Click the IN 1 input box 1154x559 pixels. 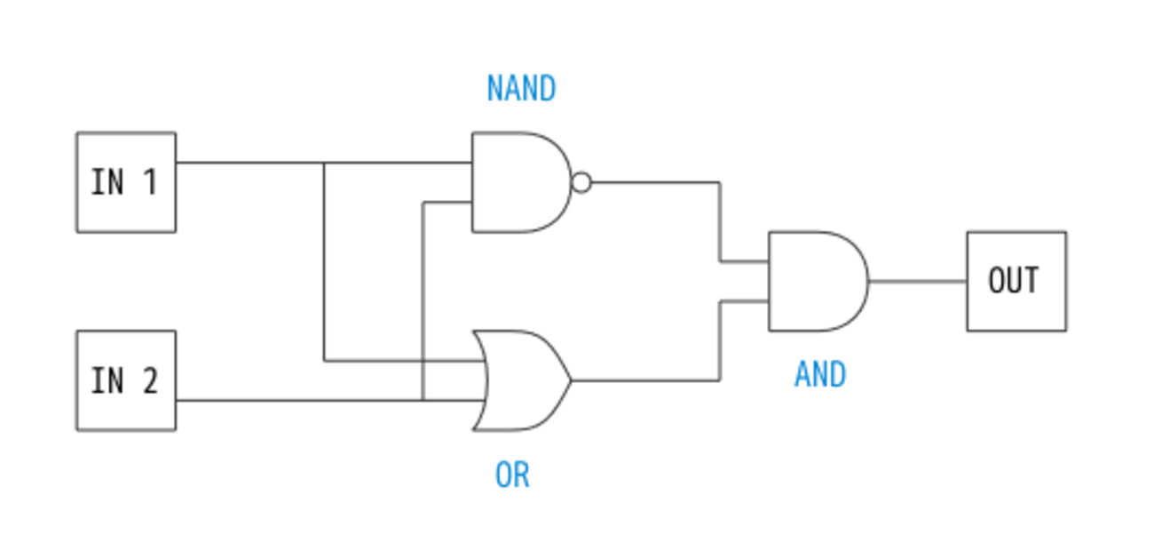(x=126, y=182)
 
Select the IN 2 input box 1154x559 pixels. (x=126, y=380)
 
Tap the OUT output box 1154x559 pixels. (x=1016, y=281)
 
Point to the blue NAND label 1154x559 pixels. (x=521, y=89)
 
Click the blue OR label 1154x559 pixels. (x=512, y=475)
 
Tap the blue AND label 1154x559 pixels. (x=819, y=375)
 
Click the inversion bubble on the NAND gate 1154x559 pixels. (x=581, y=182)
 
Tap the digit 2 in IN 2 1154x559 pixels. (x=148, y=380)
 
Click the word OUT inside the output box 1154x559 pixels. (x=1013, y=281)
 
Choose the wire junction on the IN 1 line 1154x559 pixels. (x=324, y=163)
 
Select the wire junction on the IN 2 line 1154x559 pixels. (x=423, y=400)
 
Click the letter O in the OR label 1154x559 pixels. (x=502, y=475)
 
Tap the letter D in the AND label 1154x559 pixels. (x=837, y=375)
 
